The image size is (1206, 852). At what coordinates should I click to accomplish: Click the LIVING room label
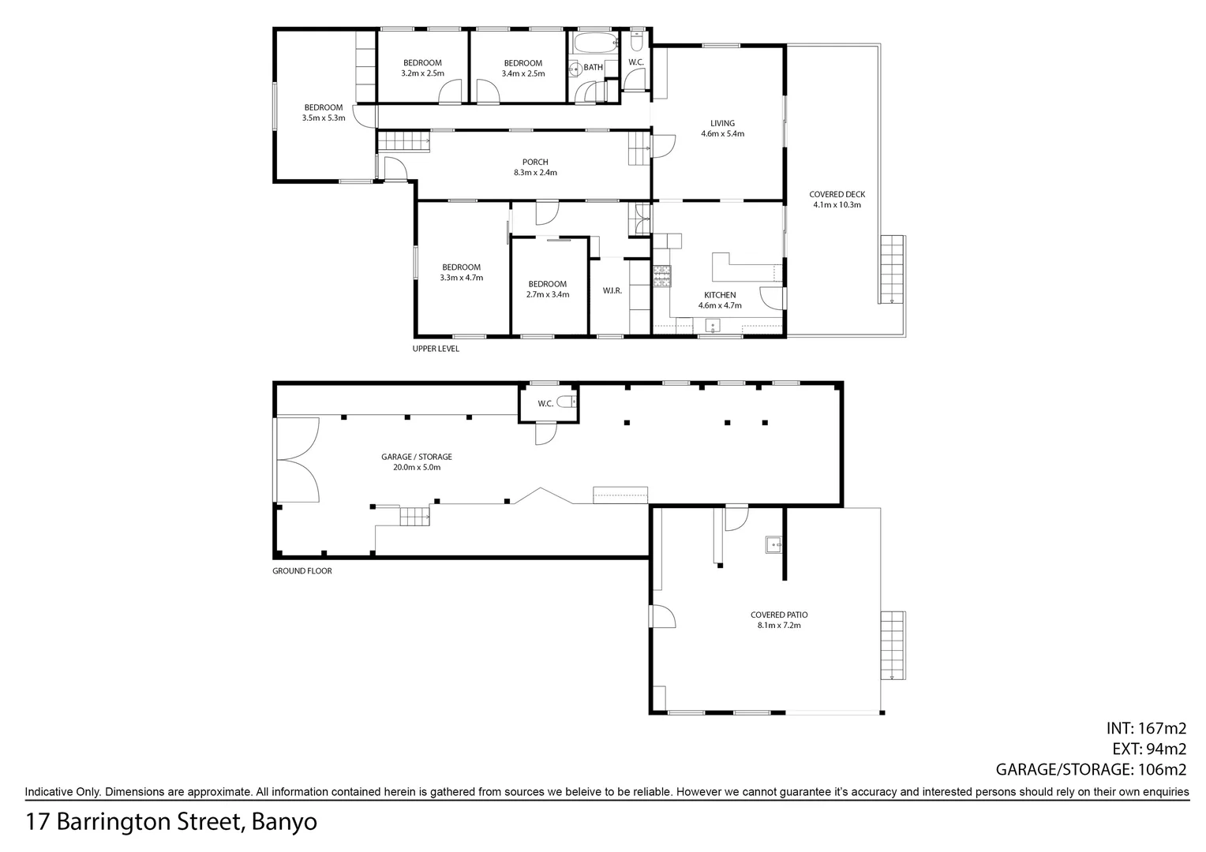coord(722,123)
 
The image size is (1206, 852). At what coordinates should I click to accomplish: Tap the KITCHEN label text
coord(720,295)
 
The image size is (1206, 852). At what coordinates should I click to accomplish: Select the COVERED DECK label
coord(837,194)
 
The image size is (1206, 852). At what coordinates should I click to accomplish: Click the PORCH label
coord(535,163)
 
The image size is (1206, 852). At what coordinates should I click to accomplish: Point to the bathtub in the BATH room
coord(592,42)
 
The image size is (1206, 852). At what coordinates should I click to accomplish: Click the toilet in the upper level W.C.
coord(637,39)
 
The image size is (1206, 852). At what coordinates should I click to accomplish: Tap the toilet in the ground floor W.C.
coord(567,402)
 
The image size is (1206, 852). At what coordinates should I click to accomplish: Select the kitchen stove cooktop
coord(661,275)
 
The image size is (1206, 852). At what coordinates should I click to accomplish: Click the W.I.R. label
coord(612,290)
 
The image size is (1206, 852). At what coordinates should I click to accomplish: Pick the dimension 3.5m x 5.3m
coord(324,118)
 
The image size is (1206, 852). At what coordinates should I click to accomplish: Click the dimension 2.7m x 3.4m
coord(548,294)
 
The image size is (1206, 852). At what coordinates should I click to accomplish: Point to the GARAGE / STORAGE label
coord(417,457)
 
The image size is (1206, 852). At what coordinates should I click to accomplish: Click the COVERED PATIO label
coord(779,615)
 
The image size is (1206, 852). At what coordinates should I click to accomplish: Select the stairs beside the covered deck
coord(892,269)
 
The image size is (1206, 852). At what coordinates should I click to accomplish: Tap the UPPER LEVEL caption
coord(436,349)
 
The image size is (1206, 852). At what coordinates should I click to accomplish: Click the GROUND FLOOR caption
coord(302,570)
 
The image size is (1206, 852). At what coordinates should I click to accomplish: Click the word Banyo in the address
coord(286,822)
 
